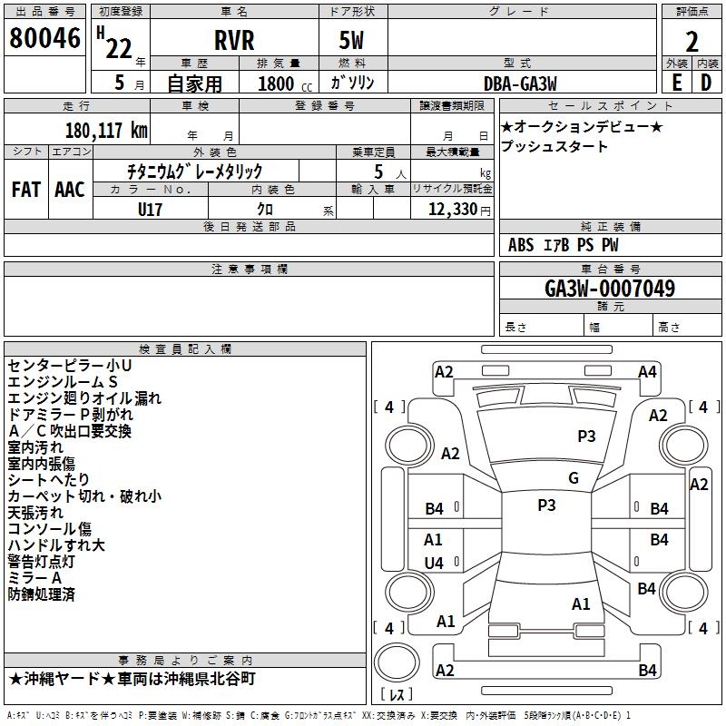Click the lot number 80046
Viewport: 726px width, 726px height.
pyautogui.click(x=44, y=38)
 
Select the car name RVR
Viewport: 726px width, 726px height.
pyautogui.click(x=234, y=40)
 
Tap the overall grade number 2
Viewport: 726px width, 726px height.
pyautogui.click(x=692, y=42)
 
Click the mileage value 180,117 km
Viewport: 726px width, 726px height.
pyautogui.click(x=106, y=131)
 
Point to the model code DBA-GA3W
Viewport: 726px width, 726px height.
pyautogui.click(x=520, y=83)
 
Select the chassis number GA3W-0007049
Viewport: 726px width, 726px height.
pyautogui.click(x=610, y=289)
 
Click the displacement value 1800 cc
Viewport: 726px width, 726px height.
pyautogui.click(x=284, y=83)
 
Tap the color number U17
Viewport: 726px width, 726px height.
pyautogui.click(x=150, y=210)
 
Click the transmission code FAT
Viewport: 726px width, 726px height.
pyautogui.click(x=26, y=190)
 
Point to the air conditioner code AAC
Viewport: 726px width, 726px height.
pyautogui.click(x=70, y=190)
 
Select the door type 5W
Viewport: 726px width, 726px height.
pyautogui.click(x=351, y=40)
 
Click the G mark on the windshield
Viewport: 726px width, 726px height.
pyautogui.click(x=574, y=478)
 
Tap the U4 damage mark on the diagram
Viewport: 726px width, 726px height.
pyautogui.click(x=434, y=563)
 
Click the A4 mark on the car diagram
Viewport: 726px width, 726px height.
pyautogui.click(x=647, y=372)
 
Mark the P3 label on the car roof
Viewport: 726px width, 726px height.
pyautogui.click(x=546, y=505)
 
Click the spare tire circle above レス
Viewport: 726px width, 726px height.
pyautogui.click(x=397, y=662)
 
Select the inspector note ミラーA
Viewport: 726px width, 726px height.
pyautogui.click(x=34, y=578)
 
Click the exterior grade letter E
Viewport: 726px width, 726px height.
pyautogui.click(x=676, y=83)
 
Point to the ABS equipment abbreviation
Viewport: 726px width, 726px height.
pyautogui.click(x=521, y=245)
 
